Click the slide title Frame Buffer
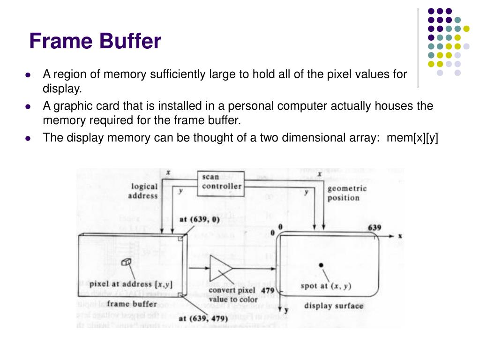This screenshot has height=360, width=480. point(95,41)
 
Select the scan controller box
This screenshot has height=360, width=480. point(222,181)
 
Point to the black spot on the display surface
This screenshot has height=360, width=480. point(321,265)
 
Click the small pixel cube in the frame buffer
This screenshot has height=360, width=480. point(126,262)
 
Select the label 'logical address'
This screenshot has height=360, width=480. point(143,191)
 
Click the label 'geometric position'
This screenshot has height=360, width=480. point(347,193)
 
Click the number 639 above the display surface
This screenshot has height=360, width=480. point(374,228)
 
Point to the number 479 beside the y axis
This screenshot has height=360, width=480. point(268,291)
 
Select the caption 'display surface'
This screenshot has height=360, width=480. point(334,306)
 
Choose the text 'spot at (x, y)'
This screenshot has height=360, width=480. point(326,286)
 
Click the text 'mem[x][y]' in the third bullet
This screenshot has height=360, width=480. point(412,138)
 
